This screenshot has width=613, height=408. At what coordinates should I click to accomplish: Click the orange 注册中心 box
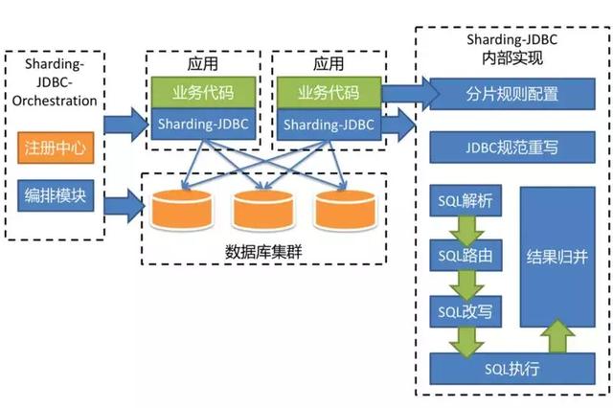[54, 151]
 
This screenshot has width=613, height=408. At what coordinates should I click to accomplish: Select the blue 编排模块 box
[54, 196]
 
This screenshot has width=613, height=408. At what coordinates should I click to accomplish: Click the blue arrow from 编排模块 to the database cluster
[121, 204]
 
